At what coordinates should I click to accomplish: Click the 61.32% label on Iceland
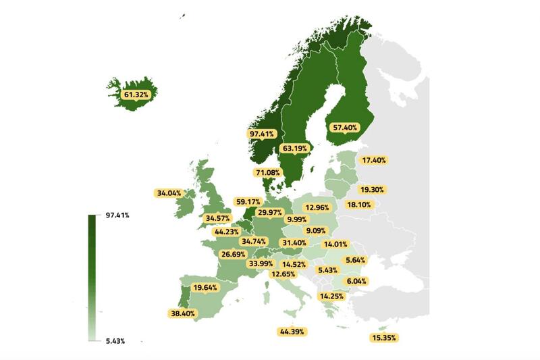[x=136, y=95]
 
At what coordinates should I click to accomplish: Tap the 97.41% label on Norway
[x=261, y=134]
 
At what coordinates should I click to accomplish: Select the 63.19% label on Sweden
[x=294, y=148]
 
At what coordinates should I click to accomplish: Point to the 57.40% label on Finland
[x=346, y=127]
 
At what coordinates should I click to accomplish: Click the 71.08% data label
[x=267, y=173]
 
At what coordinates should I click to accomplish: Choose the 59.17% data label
[x=248, y=201]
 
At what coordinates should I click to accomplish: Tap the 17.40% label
[x=374, y=160]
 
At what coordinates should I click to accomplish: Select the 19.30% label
[x=371, y=190]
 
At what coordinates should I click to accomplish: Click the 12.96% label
[x=317, y=207]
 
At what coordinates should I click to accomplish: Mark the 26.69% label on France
[x=234, y=254]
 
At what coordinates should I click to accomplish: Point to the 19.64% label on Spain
[x=206, y=287]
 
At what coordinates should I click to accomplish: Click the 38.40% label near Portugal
[x=183, y=313]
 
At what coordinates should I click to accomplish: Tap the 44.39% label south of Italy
[x=292, y=331]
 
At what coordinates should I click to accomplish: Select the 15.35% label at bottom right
[x=384, y=337]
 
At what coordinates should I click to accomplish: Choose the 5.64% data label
[x=355, y=260]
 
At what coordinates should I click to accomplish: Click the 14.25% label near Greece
[x=331, y=296]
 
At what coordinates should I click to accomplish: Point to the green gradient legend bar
[x=91, y=278]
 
